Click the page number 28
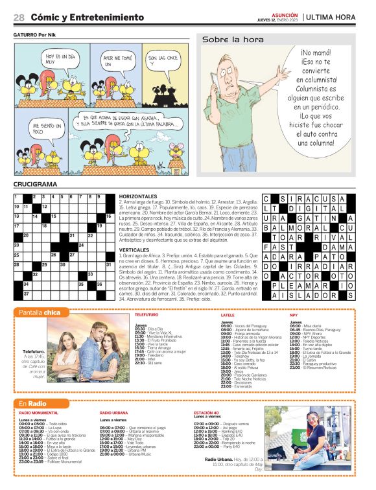pos(19,17)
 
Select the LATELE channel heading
pos(228,314)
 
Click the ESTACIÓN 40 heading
pos(206,413)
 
